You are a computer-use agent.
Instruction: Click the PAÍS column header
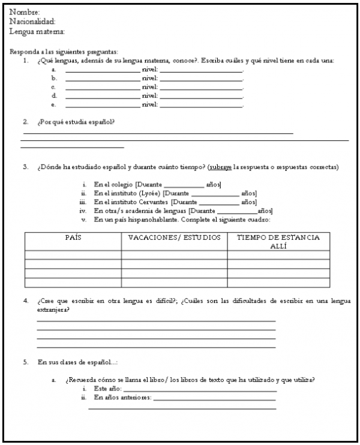73,238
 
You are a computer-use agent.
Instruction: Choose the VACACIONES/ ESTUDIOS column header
174,238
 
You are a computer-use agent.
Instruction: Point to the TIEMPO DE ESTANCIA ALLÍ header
278,242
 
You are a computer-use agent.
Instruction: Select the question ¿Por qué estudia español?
76,122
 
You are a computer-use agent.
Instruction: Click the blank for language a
102,70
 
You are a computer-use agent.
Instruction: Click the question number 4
26,300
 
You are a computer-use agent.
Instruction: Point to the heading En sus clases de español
78,362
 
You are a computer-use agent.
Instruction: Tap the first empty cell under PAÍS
73,254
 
